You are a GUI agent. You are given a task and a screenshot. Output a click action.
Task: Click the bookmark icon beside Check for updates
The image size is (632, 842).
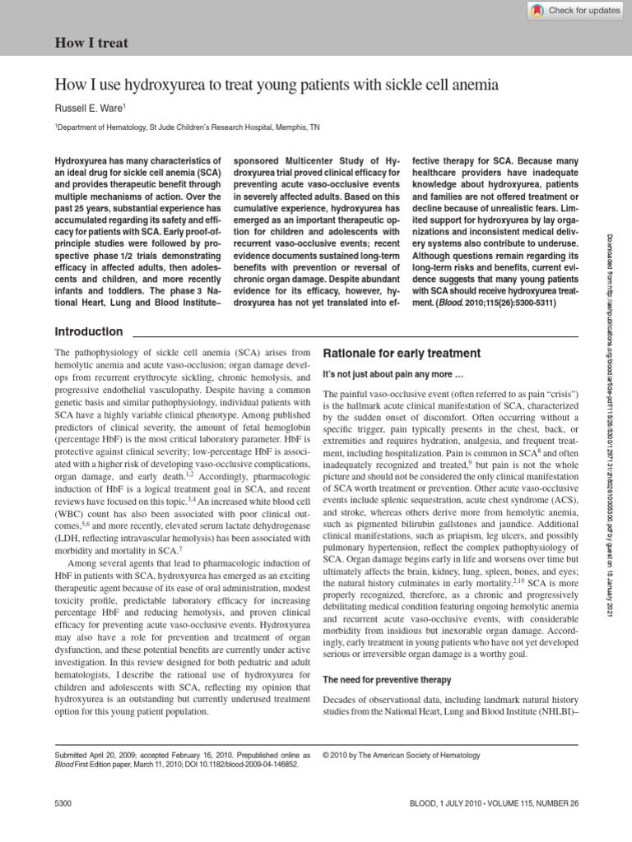[537, 10]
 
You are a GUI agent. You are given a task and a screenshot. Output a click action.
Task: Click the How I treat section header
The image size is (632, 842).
[91, 42]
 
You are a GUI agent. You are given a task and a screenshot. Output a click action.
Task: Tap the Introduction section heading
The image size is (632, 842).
[88, 331]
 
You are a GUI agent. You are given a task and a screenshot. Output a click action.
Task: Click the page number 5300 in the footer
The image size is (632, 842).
[64, 802]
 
